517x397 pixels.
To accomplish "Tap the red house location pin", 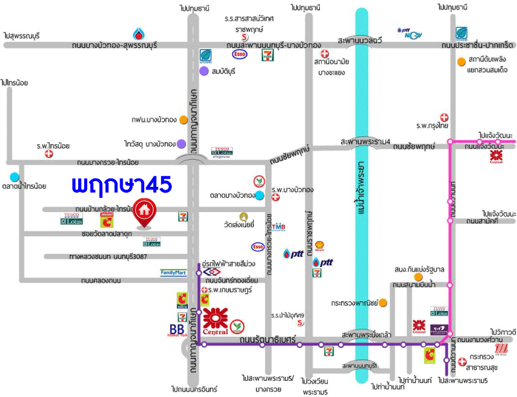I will pos(145,214).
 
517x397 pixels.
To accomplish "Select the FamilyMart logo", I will pos(177,273).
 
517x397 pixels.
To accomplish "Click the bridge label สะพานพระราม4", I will pos(365,142).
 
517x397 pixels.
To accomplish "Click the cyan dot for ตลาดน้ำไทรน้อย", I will pos(15,176).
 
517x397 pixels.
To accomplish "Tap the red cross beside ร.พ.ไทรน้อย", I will pos(48,155).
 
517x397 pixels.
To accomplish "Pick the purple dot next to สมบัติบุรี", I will pos(204,70).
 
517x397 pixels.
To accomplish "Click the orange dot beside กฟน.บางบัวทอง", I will pos(184,120).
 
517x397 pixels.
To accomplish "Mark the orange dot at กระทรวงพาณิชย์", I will pos(383,302).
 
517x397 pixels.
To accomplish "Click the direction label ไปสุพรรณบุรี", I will pos(21,35).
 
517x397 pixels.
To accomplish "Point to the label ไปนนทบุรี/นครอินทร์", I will pos(195,389).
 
